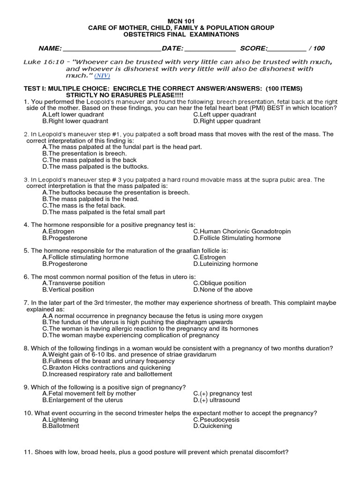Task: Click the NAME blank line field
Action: (x=112, y=48)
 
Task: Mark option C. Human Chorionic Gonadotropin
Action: (x=241, y=231)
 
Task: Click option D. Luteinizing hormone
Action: (x=225, y=264)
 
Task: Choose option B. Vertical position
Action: (x=68, y=290)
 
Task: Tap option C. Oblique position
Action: (x=219, y=283)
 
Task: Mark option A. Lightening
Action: (x=60, y=420)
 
